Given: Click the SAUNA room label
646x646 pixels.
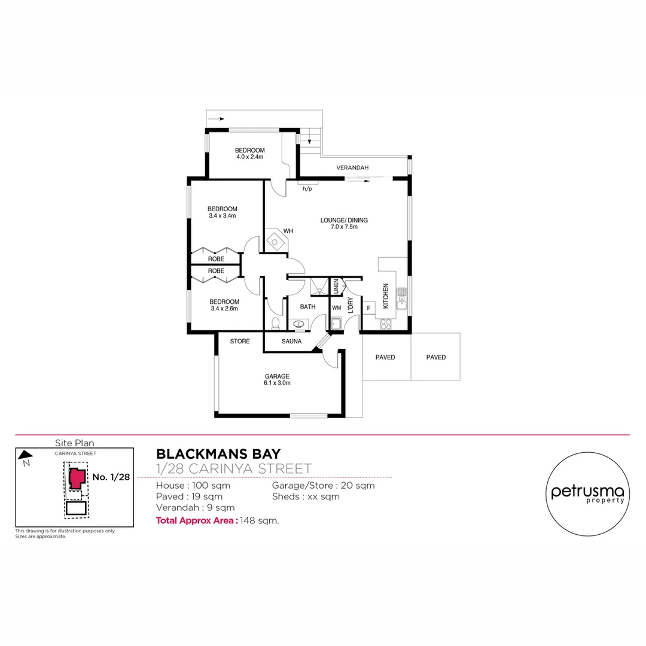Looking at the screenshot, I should coord(292,342).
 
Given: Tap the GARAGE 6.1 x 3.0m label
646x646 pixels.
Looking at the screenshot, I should coord(277,380).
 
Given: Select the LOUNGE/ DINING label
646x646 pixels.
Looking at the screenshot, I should coord(343,223).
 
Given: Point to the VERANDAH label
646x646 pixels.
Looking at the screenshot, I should coord(352,167).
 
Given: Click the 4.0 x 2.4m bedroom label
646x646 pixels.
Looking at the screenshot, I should coord(249,154).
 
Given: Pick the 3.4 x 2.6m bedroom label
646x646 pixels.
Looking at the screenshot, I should coord(224,305).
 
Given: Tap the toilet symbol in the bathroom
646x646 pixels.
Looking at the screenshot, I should coord(276,323).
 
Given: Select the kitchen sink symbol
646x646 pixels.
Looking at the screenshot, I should coord(401,297).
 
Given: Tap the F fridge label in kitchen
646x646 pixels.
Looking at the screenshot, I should coord(368,307).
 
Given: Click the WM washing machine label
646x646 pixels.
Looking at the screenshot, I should coord(336,307).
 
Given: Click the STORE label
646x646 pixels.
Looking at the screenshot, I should coord(240,342).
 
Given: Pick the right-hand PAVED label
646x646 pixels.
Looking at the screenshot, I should coord(436,357).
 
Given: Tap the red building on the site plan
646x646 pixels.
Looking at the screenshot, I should coord(76,479).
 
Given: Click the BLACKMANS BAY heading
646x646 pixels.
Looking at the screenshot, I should coord(218,454).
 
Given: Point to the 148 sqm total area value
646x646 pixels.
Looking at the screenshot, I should coord(260,520).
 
